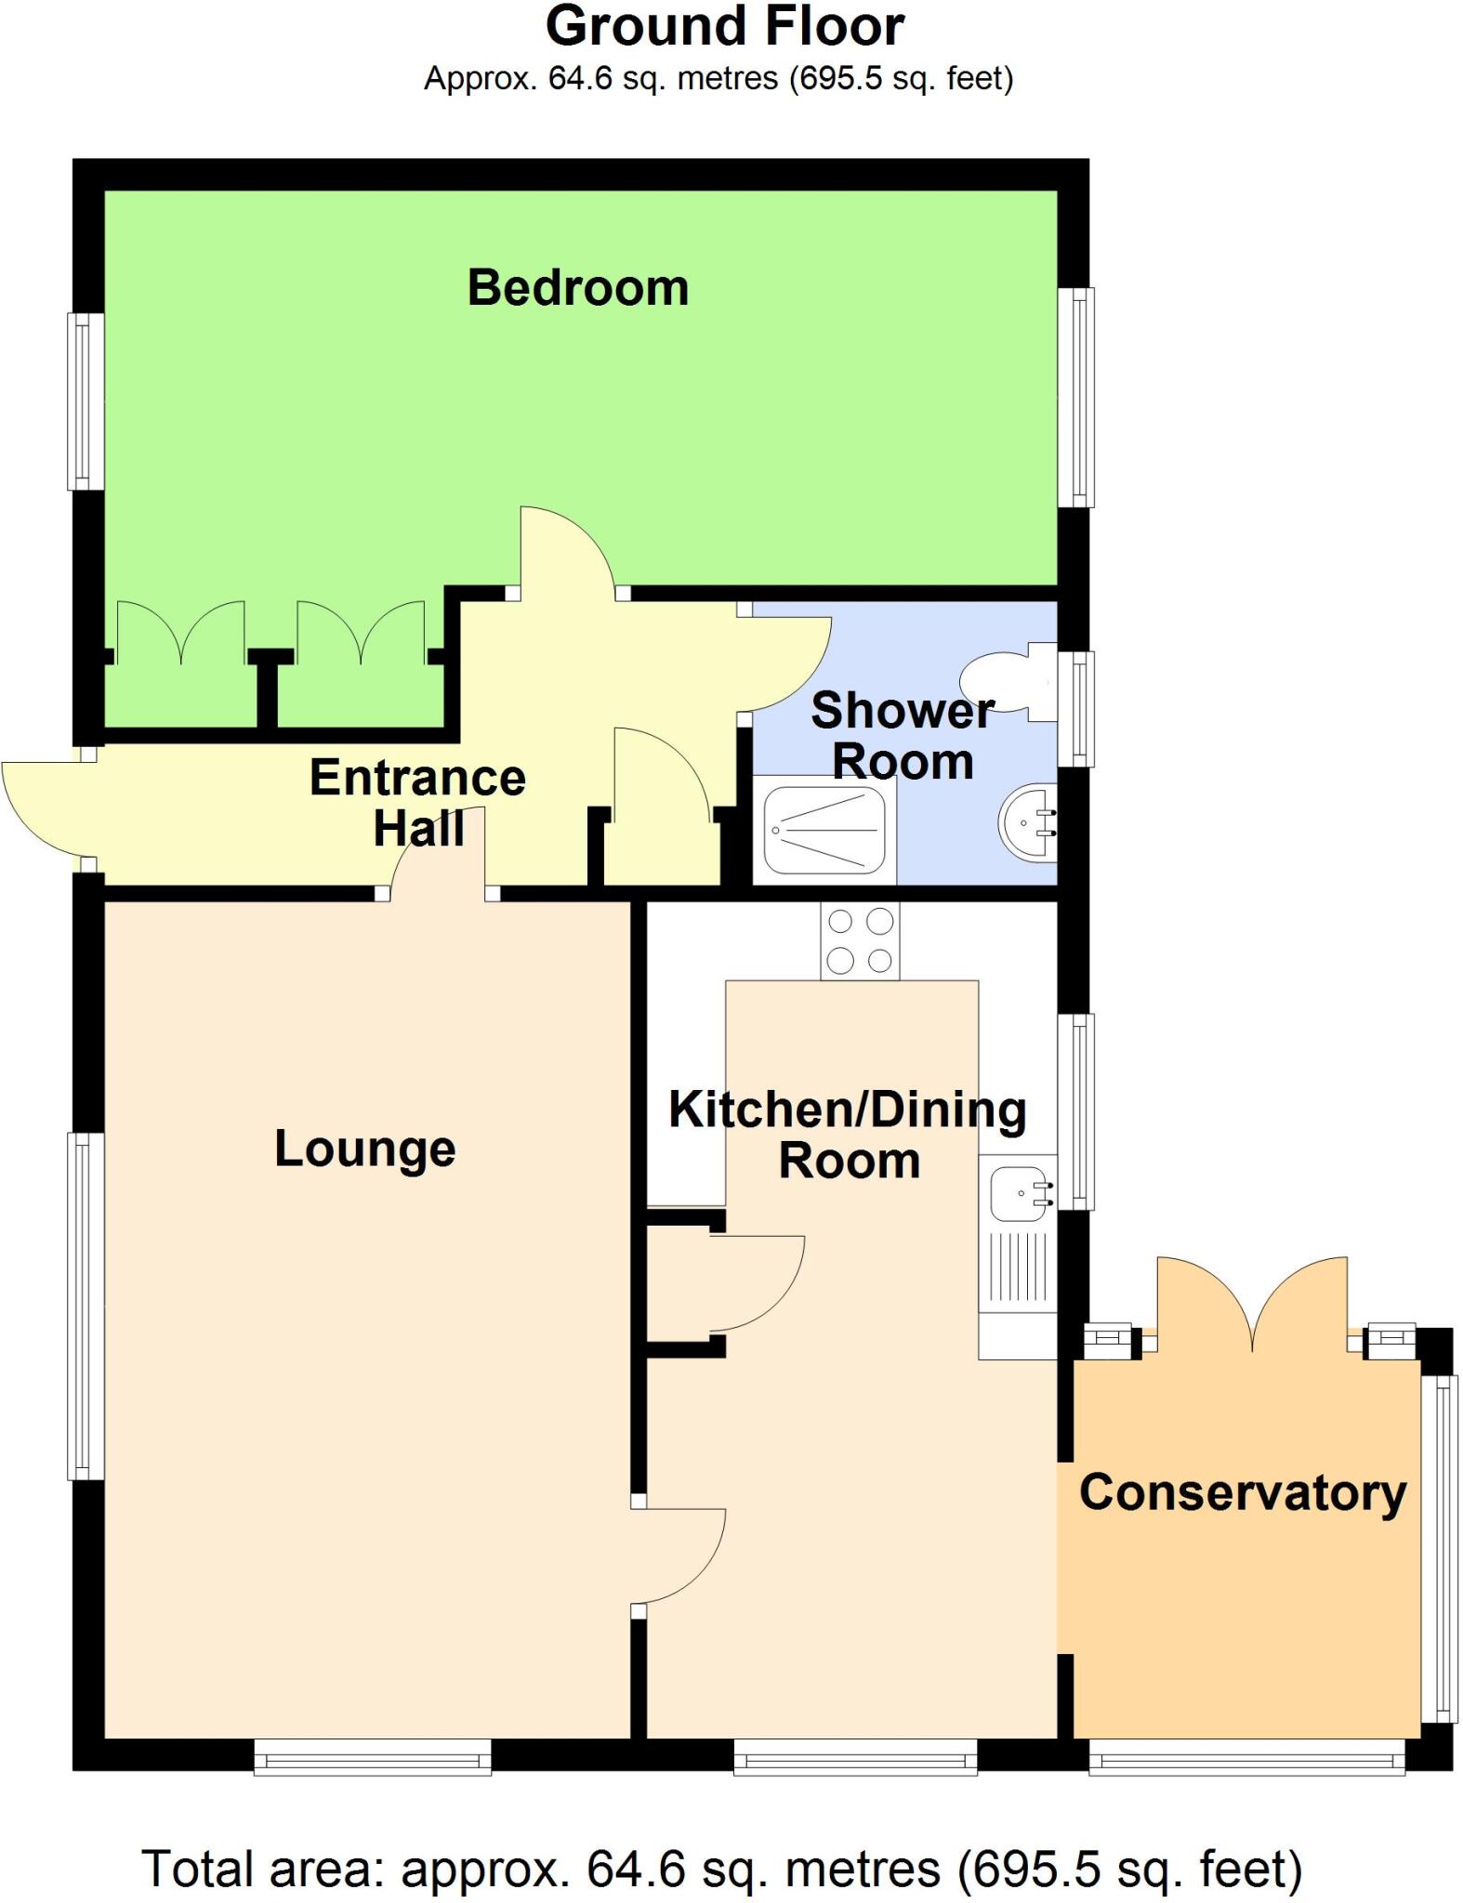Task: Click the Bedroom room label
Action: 577,288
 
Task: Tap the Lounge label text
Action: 364,1148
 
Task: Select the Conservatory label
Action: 1242,1493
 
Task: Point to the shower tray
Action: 824,831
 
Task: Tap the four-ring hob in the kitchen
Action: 860,941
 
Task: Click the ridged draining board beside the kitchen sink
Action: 1018,1266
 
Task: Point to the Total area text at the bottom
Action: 721,1868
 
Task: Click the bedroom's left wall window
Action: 86,400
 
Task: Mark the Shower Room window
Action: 1076,709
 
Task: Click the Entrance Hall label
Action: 417,802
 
